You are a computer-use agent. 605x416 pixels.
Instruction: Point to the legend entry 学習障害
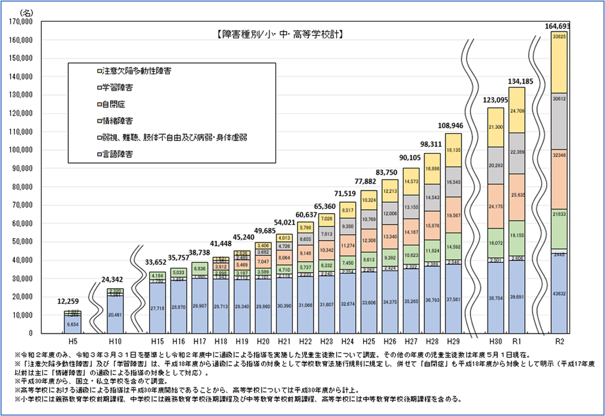coord(115,87)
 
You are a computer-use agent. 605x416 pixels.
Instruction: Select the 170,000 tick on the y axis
coord(22,22)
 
